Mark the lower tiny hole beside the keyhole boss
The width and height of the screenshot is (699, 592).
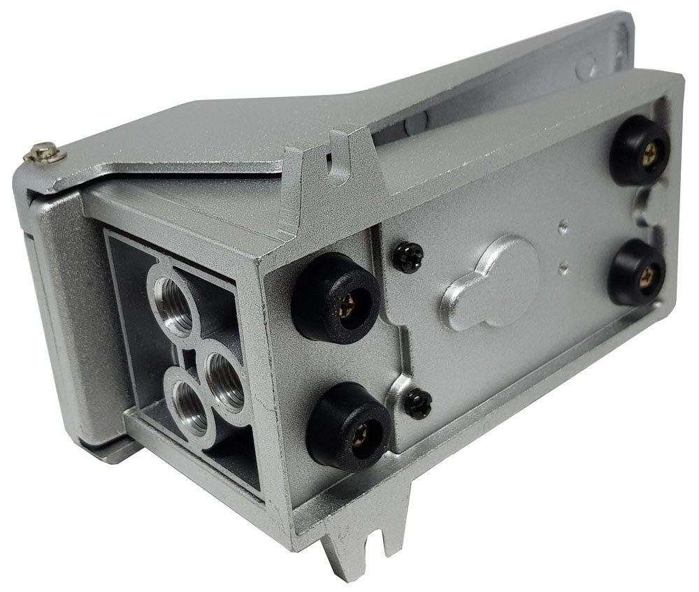tap(563, 264)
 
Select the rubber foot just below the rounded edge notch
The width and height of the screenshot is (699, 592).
tap(637, 271)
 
